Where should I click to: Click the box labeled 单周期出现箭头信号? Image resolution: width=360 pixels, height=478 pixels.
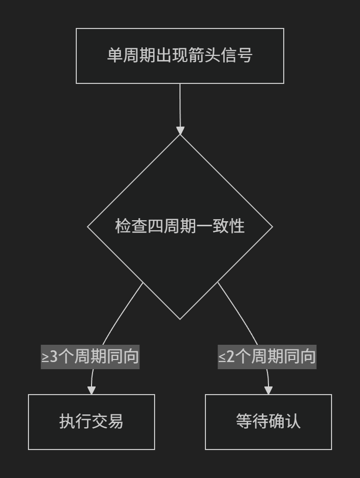(x=180, y=56)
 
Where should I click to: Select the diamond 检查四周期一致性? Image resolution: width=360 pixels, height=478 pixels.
(x=180, y=227)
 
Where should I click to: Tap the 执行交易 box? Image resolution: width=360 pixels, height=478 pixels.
(x=92, y=422)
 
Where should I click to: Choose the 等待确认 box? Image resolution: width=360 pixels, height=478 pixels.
(x=268, y=422)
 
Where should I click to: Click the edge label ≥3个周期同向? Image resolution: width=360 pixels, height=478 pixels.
(x=90, y=356)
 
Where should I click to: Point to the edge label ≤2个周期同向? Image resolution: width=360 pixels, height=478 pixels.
(x=267, y=356)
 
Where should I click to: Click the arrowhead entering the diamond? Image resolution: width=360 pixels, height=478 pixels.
(x=180, y=131)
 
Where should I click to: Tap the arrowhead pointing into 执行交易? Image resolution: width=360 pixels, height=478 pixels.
(x=92, y=390)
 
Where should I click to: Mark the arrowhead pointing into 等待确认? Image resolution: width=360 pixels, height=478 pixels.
(x=268, y=390)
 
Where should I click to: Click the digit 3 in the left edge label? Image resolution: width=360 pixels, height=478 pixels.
(x=53, y=356)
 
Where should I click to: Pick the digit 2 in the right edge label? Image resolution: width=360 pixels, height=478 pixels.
(x=230, y=356)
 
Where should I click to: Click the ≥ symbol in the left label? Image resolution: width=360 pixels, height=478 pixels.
(x=45, y=357)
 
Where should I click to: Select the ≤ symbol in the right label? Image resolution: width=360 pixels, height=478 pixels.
(x=222, y=357)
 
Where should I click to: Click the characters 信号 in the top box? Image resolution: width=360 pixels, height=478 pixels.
(x=236, y=55)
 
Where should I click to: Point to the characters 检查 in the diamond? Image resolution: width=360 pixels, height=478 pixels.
(x=131, y=226)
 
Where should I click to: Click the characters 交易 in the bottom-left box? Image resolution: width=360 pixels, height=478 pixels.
(x=107, y=421)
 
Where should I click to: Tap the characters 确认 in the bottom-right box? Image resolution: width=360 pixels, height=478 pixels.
(x=284, y=421)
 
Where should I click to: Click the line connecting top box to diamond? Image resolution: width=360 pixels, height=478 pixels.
(x=180, y=105)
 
